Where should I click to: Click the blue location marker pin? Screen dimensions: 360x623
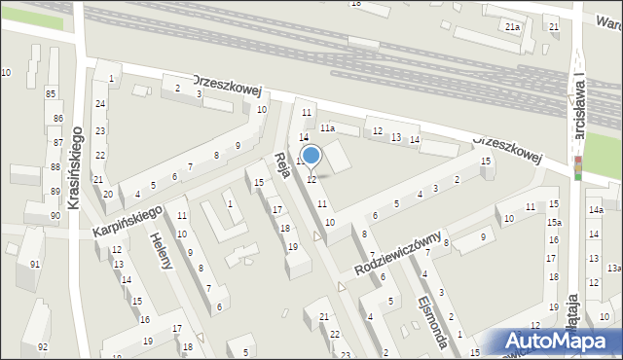click(x=311, y=157)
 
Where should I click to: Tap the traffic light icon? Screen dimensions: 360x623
click(x=577, y=167)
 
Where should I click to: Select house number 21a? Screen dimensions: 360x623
click(x=512, y=27)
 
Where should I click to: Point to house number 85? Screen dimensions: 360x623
click(x=51, y=93)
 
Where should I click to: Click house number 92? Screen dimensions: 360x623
click(x=42, y=346)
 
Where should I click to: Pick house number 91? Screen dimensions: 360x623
click(x=35, y=265)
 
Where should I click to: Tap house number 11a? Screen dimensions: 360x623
click(x=327, y=127)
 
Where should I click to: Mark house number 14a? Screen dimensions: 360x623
click(x=595, y=209)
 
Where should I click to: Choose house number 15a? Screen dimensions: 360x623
click(x=553, y=223)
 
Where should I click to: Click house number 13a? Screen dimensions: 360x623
click(x=613, y=268)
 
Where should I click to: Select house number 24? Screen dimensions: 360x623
click(x=99, y=103)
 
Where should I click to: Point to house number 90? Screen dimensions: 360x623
click(x=55, y=215)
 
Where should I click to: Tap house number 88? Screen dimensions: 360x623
click(x=55, y=167)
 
